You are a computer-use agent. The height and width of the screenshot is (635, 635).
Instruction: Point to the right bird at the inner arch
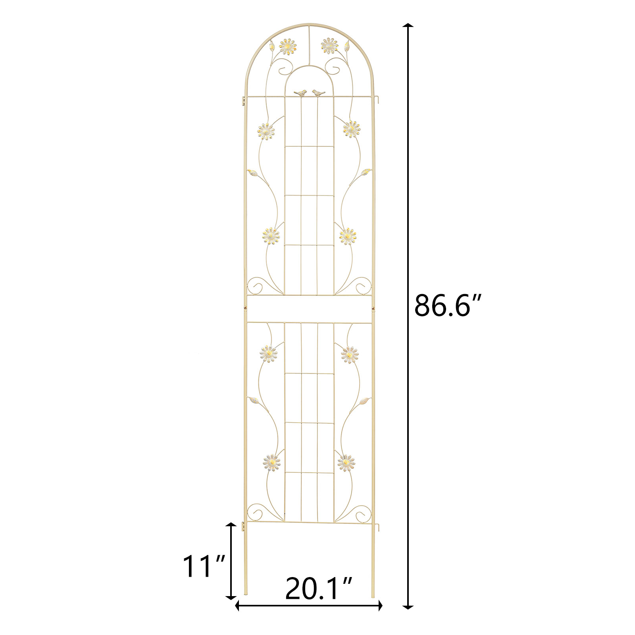[x=318, y=92]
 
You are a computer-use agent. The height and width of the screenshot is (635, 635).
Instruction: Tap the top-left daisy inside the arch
[x=288, y=47]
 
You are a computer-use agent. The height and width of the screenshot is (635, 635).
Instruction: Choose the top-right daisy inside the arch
[x=329, y=46]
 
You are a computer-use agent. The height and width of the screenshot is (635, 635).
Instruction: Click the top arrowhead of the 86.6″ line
[x=408, y=26]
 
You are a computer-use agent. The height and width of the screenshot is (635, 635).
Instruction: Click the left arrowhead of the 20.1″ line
[x=238, y=606]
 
